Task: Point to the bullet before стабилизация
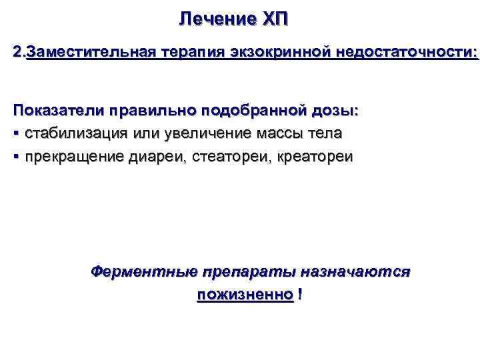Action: [x=16, y=133]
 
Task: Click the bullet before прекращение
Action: [x=16, y=157]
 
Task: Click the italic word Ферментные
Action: [x=144, y=271]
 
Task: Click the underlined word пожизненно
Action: [x=245, y=294]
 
